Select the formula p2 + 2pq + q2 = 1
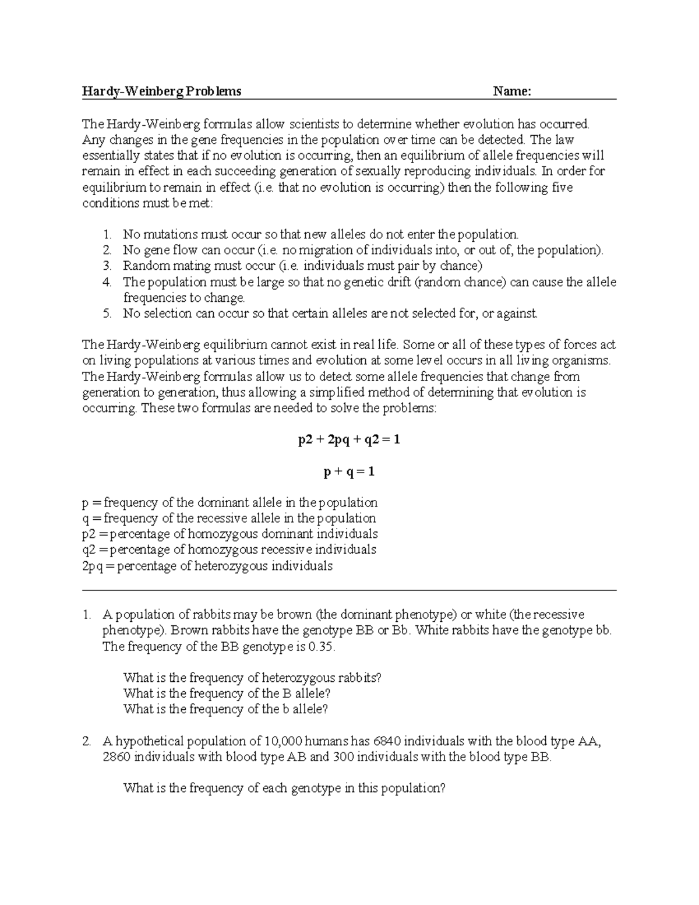pos(349,440)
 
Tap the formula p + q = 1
pos(349,471)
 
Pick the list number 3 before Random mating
pos(107,266)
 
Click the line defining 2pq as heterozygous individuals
pos(207,566)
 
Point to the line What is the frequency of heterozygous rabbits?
pos(252,678)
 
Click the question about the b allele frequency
pos(225,710)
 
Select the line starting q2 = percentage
pos(229,550)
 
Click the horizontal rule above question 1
pos(349,590)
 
